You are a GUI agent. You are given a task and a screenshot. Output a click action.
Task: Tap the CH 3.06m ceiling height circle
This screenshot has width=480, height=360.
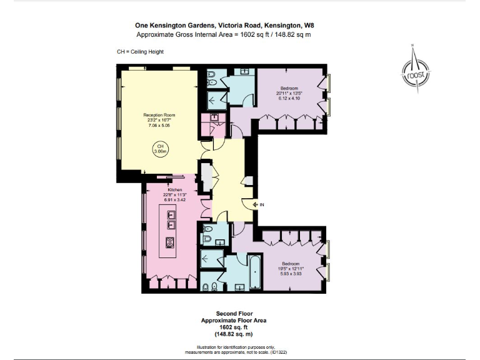pos(159,149)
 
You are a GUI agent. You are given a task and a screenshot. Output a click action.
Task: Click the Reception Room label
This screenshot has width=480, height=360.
pos(159,115)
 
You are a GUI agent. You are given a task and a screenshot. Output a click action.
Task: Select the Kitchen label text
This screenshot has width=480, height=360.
pos(174,189)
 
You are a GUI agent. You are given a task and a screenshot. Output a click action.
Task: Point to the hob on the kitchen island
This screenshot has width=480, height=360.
pos(169,242)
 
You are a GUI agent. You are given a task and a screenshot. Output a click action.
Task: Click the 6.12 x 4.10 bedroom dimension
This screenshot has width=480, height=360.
pos(289,98)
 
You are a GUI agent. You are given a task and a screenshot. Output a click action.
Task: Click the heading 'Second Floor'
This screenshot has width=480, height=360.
pos(234,313)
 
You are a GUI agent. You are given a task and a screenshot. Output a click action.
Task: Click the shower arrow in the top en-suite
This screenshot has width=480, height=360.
pos(212,99)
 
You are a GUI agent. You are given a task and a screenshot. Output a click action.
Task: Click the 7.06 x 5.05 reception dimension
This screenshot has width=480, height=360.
pos(159,126)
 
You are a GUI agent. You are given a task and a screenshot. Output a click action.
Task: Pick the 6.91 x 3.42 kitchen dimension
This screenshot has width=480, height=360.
pos(174,199)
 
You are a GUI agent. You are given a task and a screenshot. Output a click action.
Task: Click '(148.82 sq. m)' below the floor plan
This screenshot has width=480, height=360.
pos(234,332)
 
